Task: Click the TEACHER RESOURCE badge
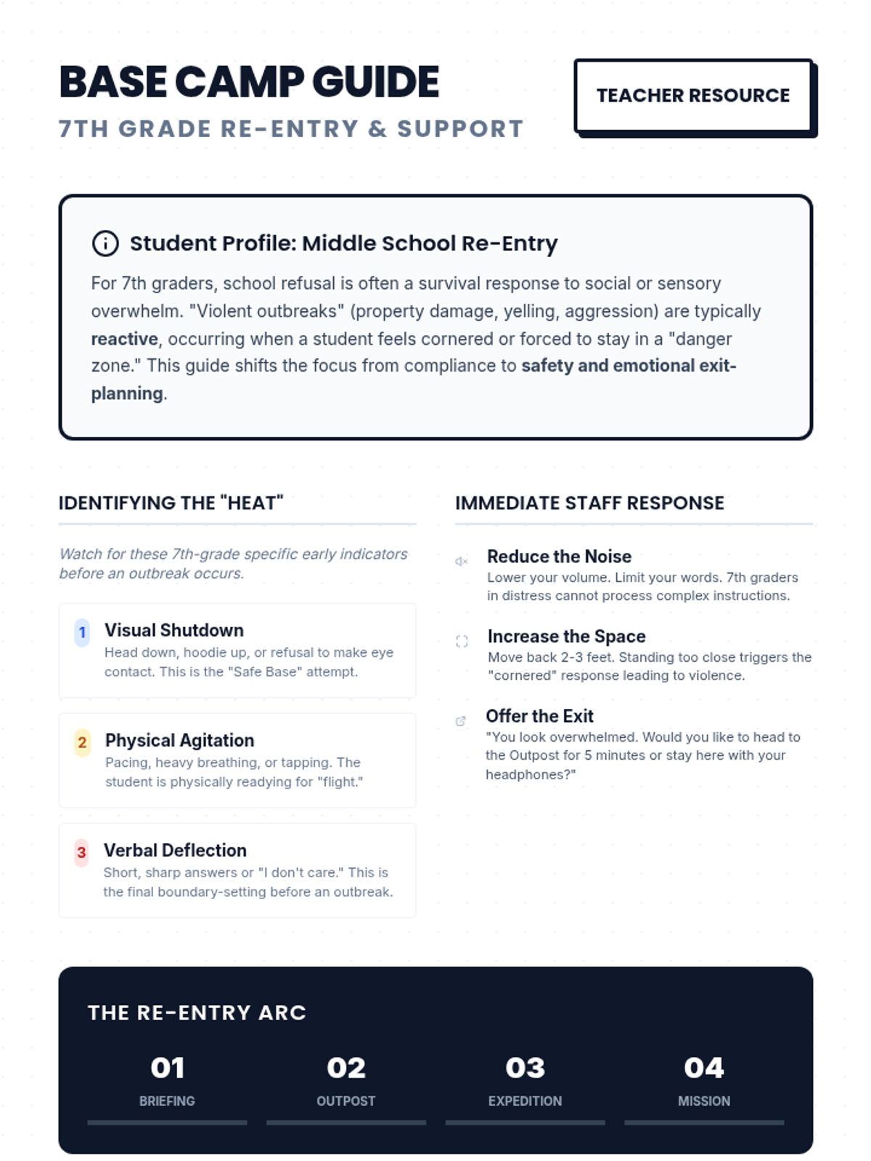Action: pos(693,96)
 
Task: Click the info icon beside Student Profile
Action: pos(105,243)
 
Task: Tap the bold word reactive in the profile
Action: pos(124,339)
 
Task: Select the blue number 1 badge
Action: pos(82,632)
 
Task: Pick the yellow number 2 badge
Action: pos(82,742)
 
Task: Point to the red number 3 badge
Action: pos(81,853)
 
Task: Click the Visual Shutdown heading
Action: pos(174,630)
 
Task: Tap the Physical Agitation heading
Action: pos(180,740)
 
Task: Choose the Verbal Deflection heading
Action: pos(175,850)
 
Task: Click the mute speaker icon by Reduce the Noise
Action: pos(462,561)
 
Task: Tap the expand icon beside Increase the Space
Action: pos(462,641)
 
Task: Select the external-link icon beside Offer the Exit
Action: pos(460,721)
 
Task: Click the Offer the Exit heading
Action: pos(539,716)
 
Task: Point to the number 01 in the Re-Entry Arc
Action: pos(167,1067)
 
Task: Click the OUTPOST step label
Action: pos(345,1101)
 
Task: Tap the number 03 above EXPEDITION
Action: pos(525,1067)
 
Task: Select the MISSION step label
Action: pos(704,1101)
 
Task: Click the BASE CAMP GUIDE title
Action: pos(249,81)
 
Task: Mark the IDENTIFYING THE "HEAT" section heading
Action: pos(171,503)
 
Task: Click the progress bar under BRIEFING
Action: pos(167,1122)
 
